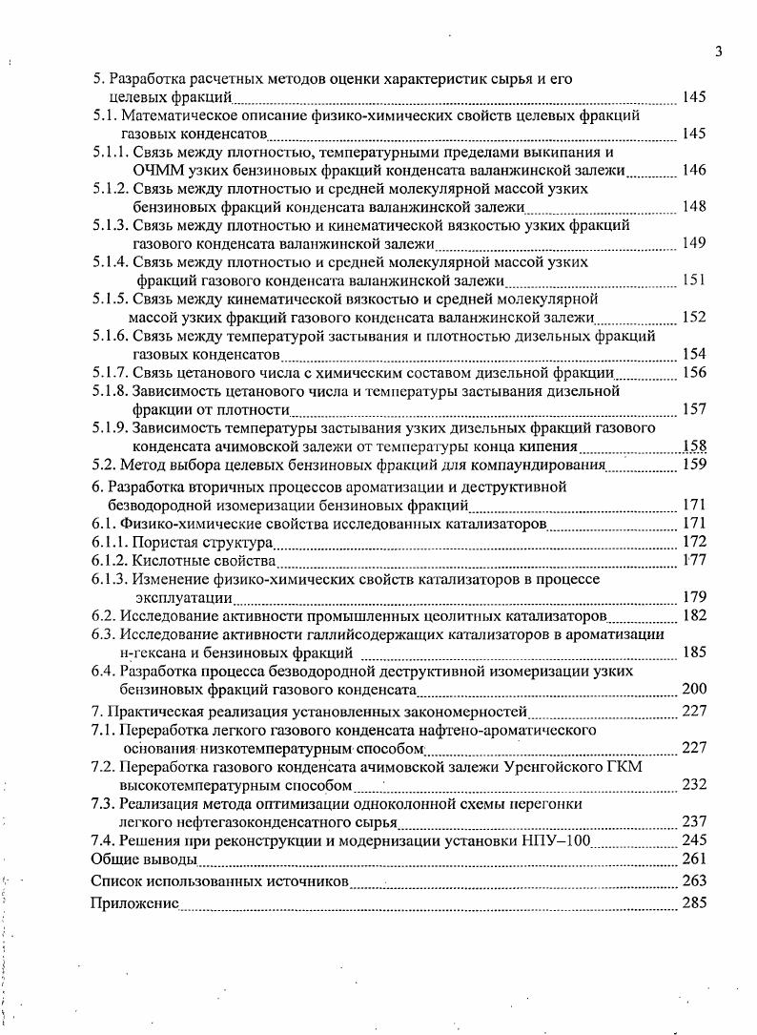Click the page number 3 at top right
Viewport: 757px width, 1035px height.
point(719,52)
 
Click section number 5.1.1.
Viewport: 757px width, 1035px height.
point(110,153)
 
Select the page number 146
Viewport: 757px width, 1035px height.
point(694,170)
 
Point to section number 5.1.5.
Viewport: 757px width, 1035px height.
point(110,300)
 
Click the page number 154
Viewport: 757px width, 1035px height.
point(694,354)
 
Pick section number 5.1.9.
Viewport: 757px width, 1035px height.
point(110,427)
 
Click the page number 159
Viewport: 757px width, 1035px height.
point(694,465)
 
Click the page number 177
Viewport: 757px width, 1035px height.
point(694,561)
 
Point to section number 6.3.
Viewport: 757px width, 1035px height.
point(103,634)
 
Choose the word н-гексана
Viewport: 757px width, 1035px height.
point(152,653)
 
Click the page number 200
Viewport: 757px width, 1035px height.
point(694,689)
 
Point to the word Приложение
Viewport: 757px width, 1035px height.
point(134,902)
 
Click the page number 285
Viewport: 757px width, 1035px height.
point(694,902)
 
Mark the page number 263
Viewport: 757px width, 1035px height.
point(694,880)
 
